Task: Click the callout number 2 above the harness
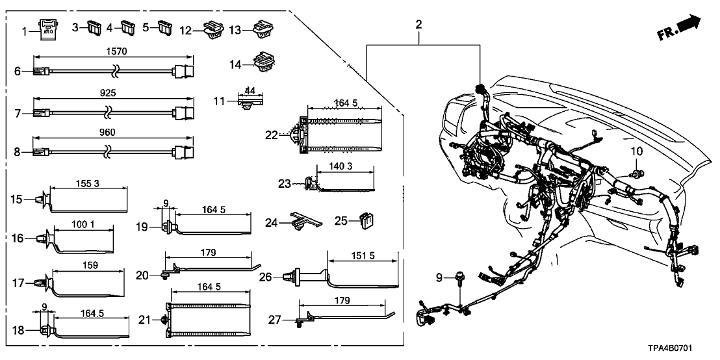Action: click(418, 25)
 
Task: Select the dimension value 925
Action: click(109, 94)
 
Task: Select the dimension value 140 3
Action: click(340, 167)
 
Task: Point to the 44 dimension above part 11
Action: click(250, 90)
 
